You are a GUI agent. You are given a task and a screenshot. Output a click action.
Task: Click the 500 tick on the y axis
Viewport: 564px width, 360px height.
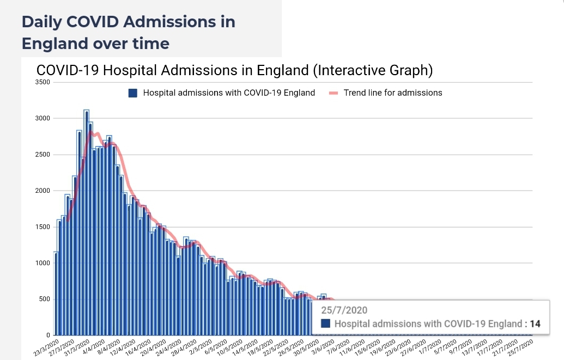(x=44, y=299)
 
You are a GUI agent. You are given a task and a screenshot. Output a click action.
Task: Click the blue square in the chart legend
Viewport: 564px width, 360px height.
(x=132, y=93)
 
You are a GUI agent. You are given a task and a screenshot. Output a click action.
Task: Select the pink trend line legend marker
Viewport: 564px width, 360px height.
(x=333, y=93)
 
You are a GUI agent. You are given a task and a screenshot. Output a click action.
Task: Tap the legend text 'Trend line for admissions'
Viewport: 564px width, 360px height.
(x=393, y=93)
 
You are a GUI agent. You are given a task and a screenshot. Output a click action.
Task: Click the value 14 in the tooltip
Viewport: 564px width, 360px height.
(x=535, y=324)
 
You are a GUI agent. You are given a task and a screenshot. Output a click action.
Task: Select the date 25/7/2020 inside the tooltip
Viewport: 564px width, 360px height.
(x=344, y=310)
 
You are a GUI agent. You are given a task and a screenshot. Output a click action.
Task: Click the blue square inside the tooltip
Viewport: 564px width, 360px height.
(x=326, y=324)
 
